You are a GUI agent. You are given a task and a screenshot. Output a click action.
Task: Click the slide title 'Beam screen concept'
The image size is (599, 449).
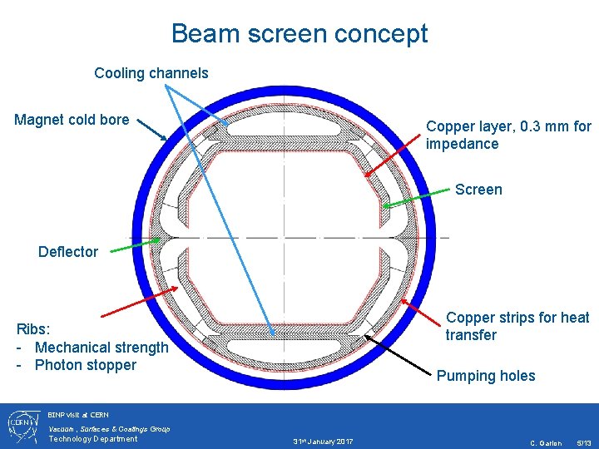coord(299,34)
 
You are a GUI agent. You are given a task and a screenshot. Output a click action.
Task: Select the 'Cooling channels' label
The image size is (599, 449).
coord(151,73)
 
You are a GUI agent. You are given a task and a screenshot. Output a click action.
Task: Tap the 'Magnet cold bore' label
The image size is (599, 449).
coord(72,120)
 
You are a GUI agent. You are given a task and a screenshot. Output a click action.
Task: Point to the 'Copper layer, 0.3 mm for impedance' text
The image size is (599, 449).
coord(508,135)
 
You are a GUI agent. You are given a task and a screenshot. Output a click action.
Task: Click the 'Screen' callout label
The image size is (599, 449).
coord(478,190)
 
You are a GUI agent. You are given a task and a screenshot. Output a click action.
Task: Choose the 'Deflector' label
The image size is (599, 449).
coord(68,252)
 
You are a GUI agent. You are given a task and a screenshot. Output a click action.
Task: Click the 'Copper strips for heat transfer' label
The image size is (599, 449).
coord(517,326)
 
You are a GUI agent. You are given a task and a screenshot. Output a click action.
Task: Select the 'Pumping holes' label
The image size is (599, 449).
coord(486,376)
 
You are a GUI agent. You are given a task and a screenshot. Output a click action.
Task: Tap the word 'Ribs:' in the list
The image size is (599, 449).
coord(33,329)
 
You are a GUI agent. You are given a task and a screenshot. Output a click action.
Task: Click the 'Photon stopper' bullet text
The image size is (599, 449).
coord(86,365)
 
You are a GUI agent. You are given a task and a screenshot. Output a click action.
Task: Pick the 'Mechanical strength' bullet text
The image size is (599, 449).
coord(101,348)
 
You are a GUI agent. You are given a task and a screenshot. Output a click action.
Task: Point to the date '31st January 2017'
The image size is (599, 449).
coord(323,440)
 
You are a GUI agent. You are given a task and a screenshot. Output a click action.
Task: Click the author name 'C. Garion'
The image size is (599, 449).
coord(546,442)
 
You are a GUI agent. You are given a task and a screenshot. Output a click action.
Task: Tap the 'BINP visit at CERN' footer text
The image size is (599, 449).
coord(78,414)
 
